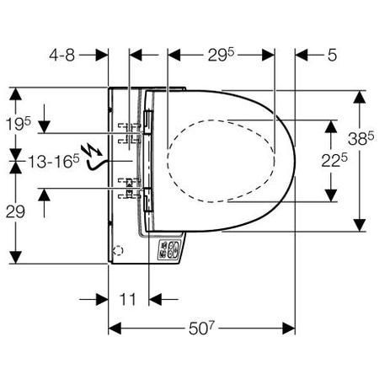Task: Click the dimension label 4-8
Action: (x=62, y=55)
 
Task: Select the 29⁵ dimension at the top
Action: (x=221, y=54)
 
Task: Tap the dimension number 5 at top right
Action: (x=332, y=55)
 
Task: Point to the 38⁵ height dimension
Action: (x=361, y=138)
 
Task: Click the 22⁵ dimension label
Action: (x=334, y=160)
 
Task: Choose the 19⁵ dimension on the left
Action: (x=19, y=124)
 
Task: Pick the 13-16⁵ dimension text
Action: (x=54, y=162)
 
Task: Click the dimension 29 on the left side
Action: (x=15, y=212)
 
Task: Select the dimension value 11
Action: (x=128, y=299)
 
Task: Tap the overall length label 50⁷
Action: (x=201, y=328)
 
